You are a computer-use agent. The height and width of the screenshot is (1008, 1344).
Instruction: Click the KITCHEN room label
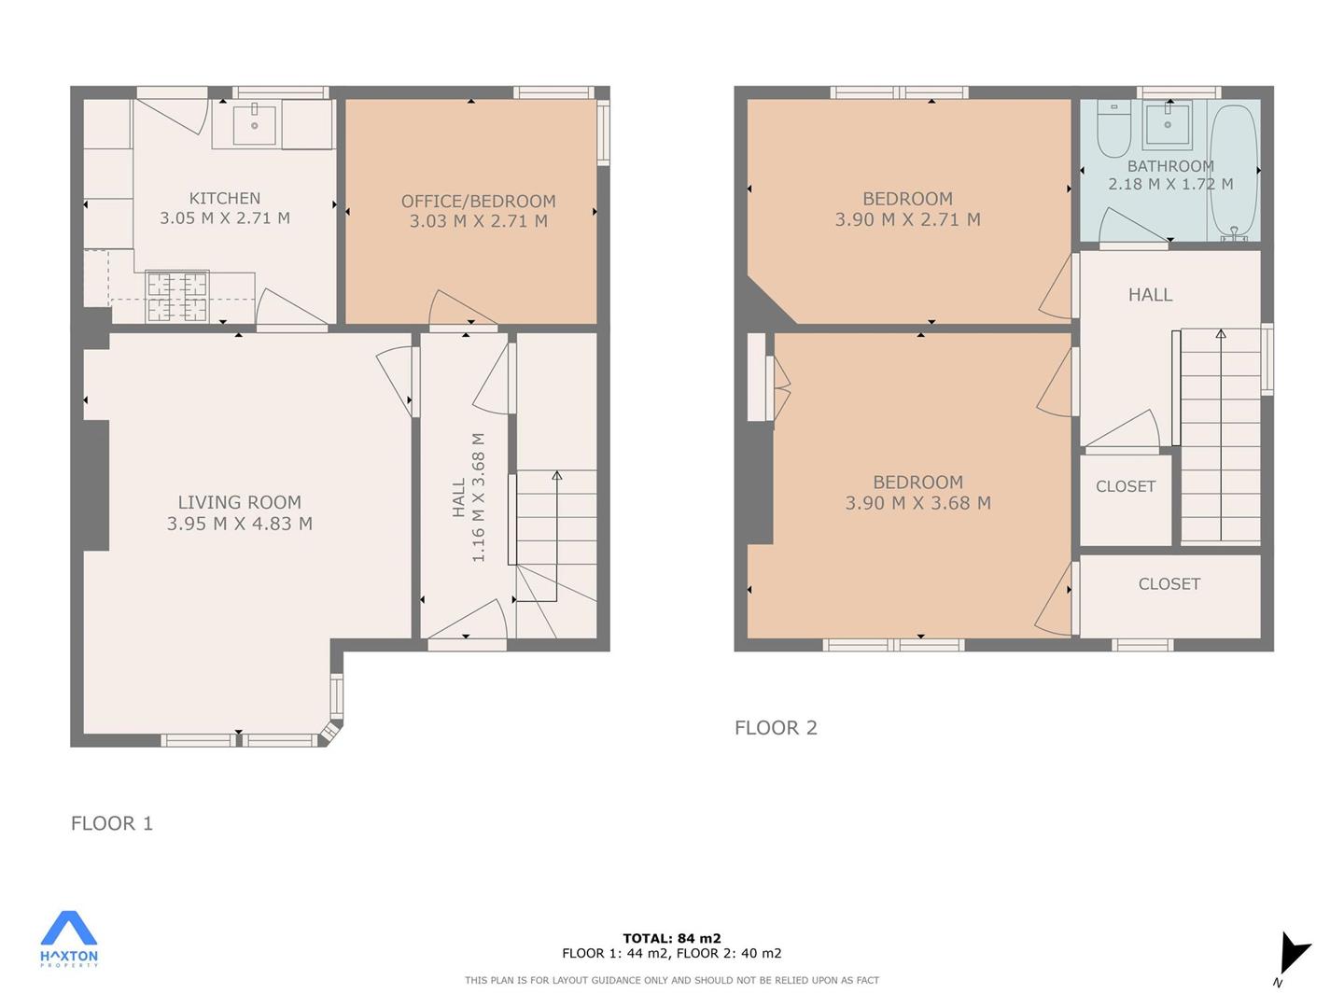pos(225,198)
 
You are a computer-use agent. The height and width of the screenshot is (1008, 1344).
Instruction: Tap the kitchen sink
pos(254,124)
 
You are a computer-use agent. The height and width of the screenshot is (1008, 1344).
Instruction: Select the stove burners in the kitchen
pos(177,297)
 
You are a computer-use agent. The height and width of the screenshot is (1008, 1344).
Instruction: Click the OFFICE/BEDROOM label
pos(478,202)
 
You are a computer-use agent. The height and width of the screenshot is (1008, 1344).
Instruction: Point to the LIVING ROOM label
pos(240,502)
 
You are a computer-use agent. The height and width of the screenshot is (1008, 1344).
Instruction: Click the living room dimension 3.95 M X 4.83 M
pos(240,524)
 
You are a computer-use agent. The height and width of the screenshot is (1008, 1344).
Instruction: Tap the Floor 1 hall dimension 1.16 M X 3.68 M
pos(478,497)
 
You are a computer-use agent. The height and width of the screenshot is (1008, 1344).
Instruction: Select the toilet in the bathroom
pos(1113,129)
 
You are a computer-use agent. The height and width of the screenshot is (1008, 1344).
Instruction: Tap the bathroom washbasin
pos(1168,124)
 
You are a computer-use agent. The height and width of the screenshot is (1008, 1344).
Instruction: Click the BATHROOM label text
pos(1170,166)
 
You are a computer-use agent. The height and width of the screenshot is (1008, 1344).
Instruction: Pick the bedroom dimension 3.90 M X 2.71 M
pos(907,219)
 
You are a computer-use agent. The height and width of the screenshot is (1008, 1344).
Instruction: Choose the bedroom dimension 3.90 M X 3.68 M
pos(917,503)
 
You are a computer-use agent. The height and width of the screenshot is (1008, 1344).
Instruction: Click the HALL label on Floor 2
pos(1150,295)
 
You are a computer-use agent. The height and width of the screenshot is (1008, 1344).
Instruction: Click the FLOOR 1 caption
pos(112,823)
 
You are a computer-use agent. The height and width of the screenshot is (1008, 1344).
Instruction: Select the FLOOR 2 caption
pos(776,728)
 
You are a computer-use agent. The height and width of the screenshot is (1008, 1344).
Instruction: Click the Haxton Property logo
pos(69,939)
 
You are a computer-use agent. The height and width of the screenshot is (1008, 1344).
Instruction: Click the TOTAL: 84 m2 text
pos(672,938)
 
